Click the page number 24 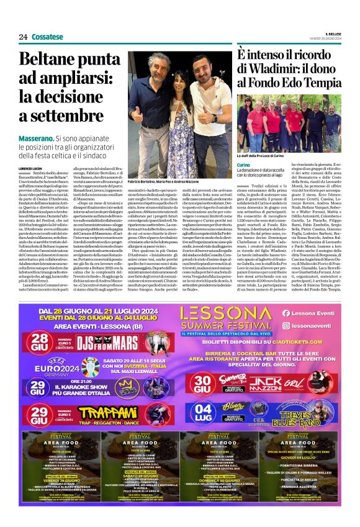click(23, 37)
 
